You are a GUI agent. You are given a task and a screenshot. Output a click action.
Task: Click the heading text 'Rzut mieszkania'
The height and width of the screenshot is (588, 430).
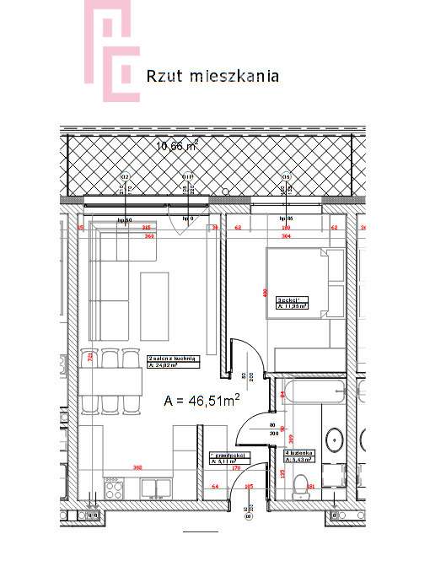click(x=212, y=76)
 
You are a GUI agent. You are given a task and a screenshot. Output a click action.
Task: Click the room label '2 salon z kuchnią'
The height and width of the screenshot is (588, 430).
click(x=173, y=361)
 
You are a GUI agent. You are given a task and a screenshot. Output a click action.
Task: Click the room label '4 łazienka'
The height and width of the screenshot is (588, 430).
click(x=298, y=456)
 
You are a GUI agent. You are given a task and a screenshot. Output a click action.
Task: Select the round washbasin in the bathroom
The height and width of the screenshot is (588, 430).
click(x=334, y=440)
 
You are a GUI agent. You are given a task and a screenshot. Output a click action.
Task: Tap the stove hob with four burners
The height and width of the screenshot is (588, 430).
click(x=112, y=488)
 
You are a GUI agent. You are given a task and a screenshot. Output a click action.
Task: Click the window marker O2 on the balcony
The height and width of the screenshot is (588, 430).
click(x=125, y=177)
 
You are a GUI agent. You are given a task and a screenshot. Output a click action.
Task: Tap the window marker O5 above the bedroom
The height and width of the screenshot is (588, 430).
click(x=286, y=177)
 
